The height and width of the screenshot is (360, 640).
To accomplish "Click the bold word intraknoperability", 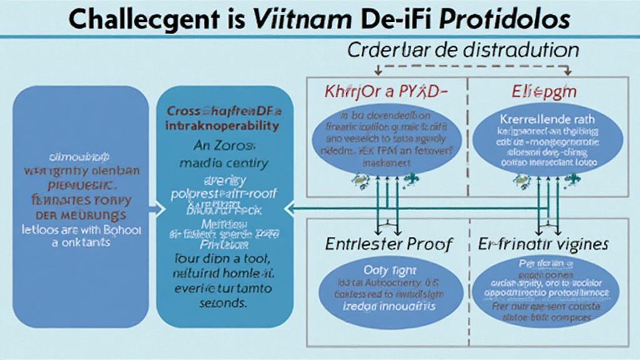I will coord(222,126).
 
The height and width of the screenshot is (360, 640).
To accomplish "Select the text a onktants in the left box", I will coord(80,242).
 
